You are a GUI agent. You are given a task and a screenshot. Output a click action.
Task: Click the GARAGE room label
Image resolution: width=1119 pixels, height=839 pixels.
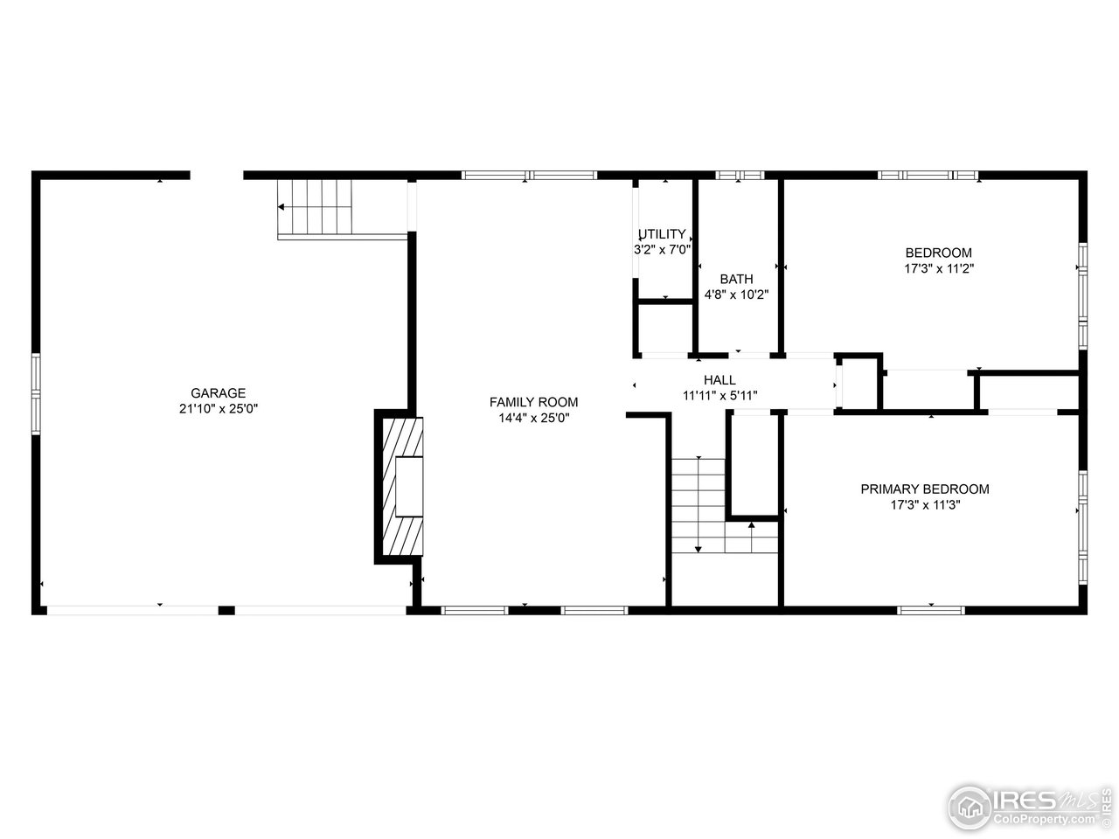219,393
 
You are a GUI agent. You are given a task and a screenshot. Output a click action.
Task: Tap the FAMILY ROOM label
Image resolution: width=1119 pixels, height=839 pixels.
533,402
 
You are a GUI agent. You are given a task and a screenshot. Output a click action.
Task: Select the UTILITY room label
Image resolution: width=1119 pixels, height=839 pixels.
663,234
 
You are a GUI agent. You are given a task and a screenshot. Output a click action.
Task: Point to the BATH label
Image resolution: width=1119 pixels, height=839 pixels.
736,279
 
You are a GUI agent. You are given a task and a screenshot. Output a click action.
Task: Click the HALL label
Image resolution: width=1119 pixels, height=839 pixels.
719,380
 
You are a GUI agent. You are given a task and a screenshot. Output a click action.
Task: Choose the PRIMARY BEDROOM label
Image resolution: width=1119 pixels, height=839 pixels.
925,489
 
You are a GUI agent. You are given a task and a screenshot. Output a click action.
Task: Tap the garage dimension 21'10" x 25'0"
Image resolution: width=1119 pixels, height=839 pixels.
219,408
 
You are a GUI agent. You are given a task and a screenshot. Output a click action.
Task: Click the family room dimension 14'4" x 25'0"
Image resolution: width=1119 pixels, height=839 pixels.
533,417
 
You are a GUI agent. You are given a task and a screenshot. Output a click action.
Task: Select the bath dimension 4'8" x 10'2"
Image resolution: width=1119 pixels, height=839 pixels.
736,295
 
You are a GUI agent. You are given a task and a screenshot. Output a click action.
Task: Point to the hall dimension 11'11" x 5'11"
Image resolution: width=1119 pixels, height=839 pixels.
719,395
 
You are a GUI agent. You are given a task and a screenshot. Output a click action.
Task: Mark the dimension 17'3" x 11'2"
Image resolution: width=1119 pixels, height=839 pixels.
938,268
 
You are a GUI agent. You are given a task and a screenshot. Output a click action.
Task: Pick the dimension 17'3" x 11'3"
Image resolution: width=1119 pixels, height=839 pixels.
925,504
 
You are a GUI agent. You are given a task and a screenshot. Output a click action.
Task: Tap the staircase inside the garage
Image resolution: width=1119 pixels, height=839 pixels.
316,207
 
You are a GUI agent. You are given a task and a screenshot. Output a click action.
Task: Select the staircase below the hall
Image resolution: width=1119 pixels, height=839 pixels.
699,507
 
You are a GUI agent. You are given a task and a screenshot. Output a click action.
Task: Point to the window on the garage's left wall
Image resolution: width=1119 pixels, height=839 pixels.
37,393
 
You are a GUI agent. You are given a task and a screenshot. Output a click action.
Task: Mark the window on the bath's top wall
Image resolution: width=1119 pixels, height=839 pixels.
740,176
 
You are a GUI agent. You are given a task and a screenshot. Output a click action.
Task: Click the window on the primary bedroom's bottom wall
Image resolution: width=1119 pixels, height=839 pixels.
930,609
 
